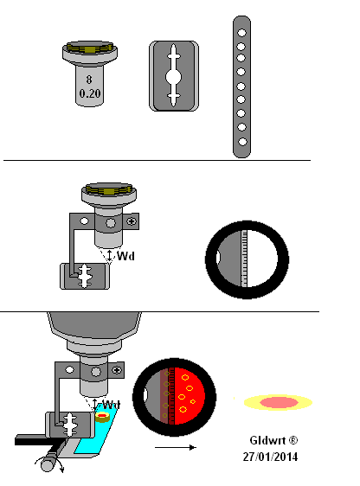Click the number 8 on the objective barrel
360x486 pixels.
click(89, 80)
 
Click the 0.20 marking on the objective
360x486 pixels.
click(90, 93)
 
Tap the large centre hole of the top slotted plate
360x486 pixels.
click(173, 77)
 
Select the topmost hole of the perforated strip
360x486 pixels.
click(241, 33)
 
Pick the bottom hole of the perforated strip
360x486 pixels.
click(242, 142)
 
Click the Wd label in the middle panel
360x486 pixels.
click(125, 256)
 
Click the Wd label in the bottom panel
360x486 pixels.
click(111, 405)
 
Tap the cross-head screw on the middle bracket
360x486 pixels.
click(132, 221)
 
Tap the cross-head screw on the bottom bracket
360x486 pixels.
click(117, 370)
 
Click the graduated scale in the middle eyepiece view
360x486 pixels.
click(244, 259)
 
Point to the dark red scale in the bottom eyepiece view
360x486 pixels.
click(171, 396)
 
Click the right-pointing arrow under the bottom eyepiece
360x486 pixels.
click(176, 447)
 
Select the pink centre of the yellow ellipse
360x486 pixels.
click(279, 402)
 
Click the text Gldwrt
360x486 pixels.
click(267, 440)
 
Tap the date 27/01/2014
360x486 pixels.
click(270, 457)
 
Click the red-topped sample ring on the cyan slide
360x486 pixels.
click(102, 417)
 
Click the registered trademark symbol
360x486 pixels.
click(293, 440)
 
